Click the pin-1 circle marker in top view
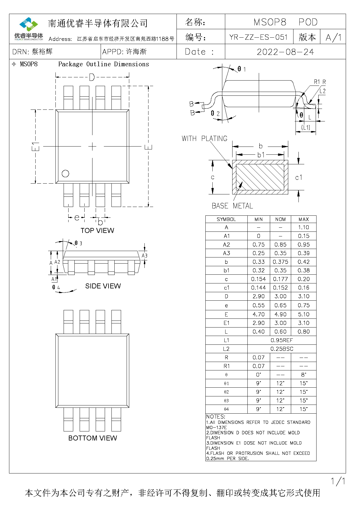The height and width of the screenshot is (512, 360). pyautogui.click(x=65, y=174)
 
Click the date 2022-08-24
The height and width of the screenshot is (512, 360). pyautogui.click(x=285, y=52)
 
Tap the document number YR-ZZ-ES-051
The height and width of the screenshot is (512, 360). pyautogui.click(x=258, y=37)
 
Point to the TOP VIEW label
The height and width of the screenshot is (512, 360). pyautogui.click(x=97, y=231)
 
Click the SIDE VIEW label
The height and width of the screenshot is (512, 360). pyautogui.click(x=103, y=286)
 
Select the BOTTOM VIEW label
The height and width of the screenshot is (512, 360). pyautogui.click(x=92, y=438)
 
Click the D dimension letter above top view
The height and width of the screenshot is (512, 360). pyautogui.click(x=92, y=77)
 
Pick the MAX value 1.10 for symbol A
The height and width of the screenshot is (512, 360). pyautogui.click(x=303, y=227)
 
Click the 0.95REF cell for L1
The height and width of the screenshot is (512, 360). pyautogui.click(x=282, y=340)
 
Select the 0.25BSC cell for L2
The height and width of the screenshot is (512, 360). pyautogui.click(x=282, y=349)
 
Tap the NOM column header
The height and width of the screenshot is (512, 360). pyautogui.click(x=280, y=219)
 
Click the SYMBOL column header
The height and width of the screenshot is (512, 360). pyautogui.click(x=226, y=219)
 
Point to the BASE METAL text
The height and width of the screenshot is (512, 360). pyautogui.click(x=232, y=206)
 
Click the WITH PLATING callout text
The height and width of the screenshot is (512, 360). pyautogui.click(x=204, y=138)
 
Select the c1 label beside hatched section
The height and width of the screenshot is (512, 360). pyautogui.click(x=299, y=177)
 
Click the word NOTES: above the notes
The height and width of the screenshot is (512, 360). pyautogui.click(x=216, y=417)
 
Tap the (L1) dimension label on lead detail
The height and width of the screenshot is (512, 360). pyautogui.click(x=305, y=127)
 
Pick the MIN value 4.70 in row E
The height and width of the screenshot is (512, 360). pyautogui.click(x=258, y=314)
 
